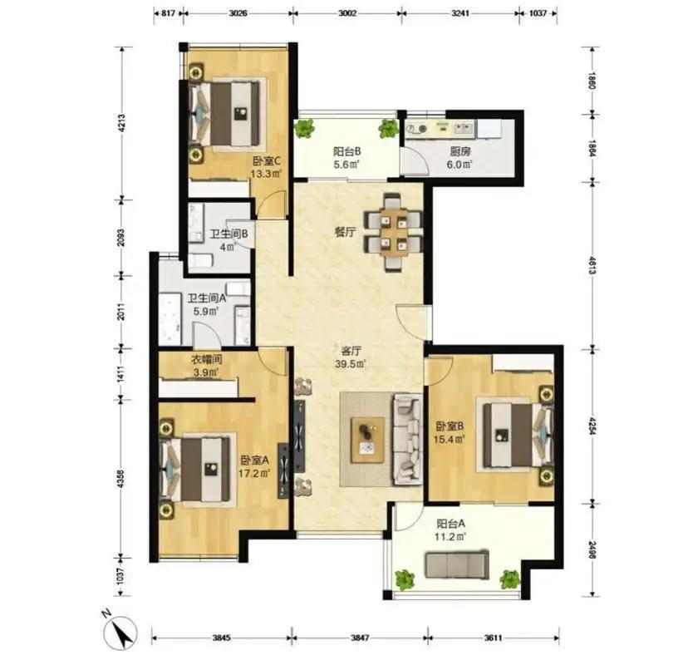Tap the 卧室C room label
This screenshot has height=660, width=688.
pyautogui.click(x=267, y=161)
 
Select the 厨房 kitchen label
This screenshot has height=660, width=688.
pyautogui.click(x=460, y=152)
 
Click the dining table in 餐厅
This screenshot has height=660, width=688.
pyautogui.click(x=394, y=233)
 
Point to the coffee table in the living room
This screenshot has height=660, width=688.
pyautogui.click(x=368, y=440)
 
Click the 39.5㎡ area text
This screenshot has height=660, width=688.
pyautogui.click(x=350, y=364)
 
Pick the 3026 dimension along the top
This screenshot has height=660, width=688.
pyautogui.click(x=238, y=13)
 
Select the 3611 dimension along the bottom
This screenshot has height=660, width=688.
pyautogui.click(x=494, y=638)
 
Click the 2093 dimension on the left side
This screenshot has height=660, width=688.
pyautogui.click(x=121, y=238)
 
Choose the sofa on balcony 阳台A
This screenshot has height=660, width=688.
pyautogui.click(x=457, y=564)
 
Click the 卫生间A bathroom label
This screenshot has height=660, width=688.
pyautogui.click(x=207, y=298)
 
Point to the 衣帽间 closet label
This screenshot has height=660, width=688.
pyautogui.click(x=206, y=360)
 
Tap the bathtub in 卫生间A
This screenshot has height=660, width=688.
pyautogui.click(x=170, y=318)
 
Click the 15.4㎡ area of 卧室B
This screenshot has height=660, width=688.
pyautogui.click(x=449, y=439)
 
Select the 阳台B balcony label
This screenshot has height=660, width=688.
pyautogui.click(x=347, y=152)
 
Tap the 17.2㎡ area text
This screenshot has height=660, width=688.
pyautogui.click(x=254, y=473)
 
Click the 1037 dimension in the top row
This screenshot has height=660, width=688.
pyautogui.click(x=538, y=13)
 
